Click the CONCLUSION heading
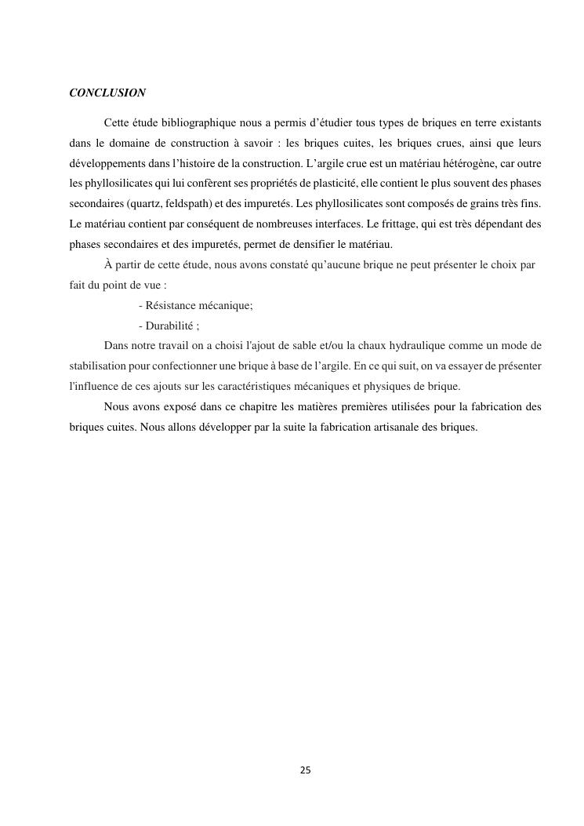(107, 93)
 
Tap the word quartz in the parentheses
(134, 204)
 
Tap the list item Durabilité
(170, 326)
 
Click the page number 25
(305, 770)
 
